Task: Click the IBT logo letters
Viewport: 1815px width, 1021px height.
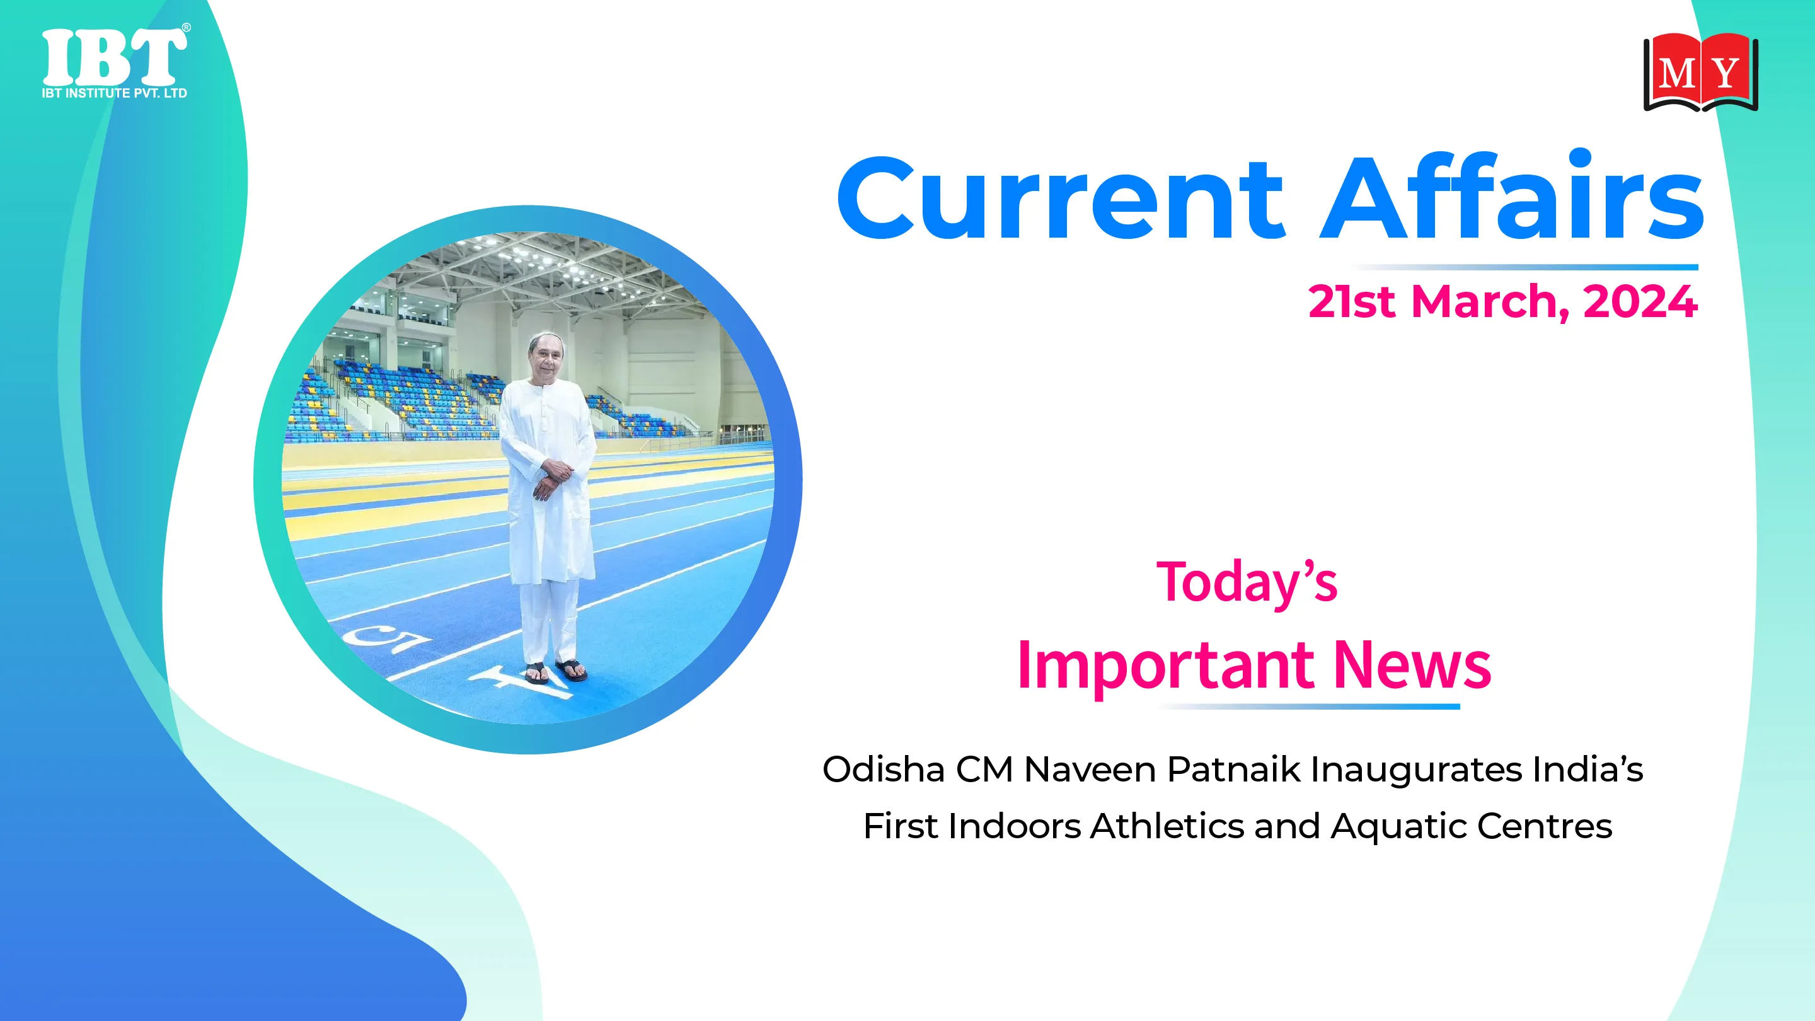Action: (x=115, y=56)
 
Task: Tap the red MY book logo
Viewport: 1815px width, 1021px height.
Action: (x=1700, y=72)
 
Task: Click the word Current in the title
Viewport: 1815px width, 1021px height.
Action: (x=1061, y=198)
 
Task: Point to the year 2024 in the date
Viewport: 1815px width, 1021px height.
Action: (x=1640, y=302)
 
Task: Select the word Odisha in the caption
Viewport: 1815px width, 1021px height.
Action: (x=884, y=769)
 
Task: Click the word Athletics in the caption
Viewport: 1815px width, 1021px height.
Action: (x=1168, y=826)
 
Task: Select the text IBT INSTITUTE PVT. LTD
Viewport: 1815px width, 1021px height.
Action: (x=114, y=93)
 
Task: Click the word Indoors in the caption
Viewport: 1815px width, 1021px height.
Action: (x=1014, y=826)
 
